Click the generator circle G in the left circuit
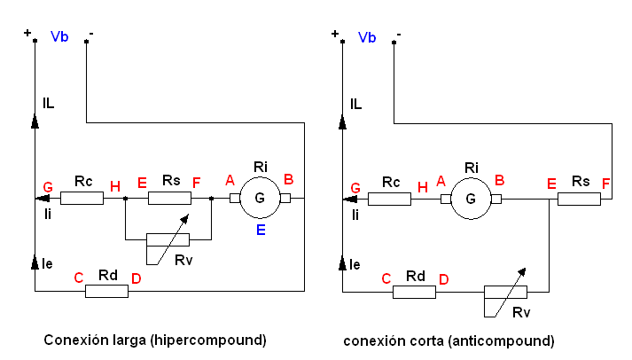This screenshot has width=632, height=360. (x=260, y=199)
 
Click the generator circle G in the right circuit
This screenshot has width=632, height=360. (x=471, y=199)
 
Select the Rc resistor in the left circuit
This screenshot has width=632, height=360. (x=82, y=199)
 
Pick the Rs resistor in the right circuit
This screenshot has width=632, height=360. (x=579, y=199)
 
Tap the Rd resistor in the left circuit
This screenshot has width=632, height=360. (x=106, y=291)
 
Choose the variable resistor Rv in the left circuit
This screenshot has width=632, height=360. (x=168, y=239)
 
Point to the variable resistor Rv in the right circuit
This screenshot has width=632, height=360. (x=506, y=293)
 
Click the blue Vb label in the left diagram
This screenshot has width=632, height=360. (x=60, y=37)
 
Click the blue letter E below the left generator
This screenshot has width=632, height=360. (x=261, y=230)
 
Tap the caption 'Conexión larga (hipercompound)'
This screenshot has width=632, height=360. (x=155, y=340)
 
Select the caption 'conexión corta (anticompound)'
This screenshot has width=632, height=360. (x=449, y=340)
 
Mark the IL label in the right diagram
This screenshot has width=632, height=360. (x=356, y=104)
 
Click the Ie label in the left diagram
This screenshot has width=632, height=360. (x=48, y=263)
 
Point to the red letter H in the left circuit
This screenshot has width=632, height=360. (x=114, y=185)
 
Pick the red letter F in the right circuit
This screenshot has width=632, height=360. (x=605, y=184)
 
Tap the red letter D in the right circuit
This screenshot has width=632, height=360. (x=443, y=279)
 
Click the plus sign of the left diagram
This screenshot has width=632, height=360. (x=27, y=33)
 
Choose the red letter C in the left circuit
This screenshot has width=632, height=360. (x=78, y=278)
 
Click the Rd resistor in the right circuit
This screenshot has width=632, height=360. (x=414, y=291)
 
